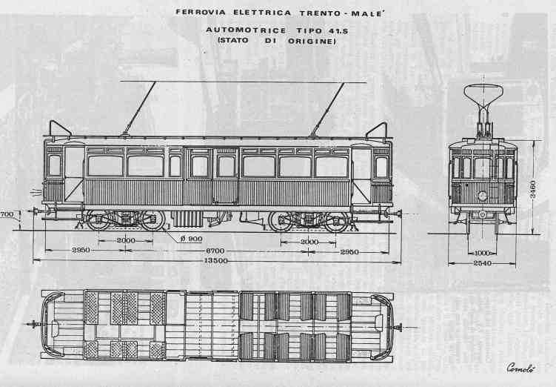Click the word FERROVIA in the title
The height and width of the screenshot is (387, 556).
(x=201, y=13)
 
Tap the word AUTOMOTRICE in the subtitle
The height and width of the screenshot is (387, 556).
(x=246, y=30)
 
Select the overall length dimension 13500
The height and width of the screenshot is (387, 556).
(x=215, y=260)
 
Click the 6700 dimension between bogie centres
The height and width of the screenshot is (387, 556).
(x=215, y=251)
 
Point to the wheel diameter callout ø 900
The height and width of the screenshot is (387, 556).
(x=191, y=239)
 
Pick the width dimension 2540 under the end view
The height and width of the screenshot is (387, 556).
(x=482, y=263)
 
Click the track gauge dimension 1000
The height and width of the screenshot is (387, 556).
(x=482, y=253)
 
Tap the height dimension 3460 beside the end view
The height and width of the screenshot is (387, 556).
(x=533, y=190)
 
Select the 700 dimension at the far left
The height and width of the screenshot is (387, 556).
(x=7, y=214)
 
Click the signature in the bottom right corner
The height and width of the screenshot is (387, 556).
(x=520, y=368)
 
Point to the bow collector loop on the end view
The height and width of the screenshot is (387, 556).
(x=483, y=93)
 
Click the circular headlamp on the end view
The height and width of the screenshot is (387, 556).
(x=482, y=196)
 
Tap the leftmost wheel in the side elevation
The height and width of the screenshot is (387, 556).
(x=98, y=220)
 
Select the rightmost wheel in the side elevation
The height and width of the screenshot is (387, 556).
(x=337, y=222)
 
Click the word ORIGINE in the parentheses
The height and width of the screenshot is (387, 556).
(x=312, y=41)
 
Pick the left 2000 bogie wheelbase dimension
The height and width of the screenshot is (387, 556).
(x=126, y=240)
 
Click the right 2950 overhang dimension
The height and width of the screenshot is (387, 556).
(x=349, y=252)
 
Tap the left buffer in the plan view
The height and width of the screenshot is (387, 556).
(x=33, y=324)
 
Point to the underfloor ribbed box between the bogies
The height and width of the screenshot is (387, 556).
(x=187, y=219)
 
